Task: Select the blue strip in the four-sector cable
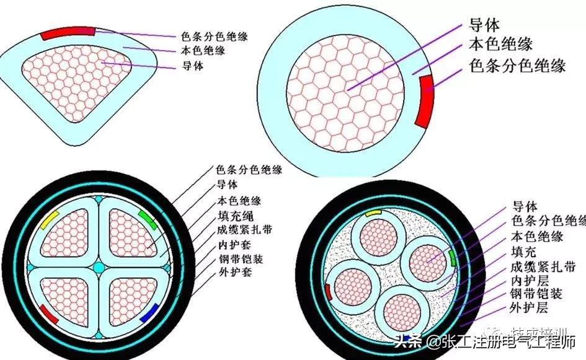coord(148,314)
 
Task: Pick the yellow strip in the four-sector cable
coord(50,220)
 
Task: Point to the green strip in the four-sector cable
coord(147,218)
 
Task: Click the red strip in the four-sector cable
coord(48,314)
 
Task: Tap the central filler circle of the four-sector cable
coord(99,267)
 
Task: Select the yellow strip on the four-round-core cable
coord(374,212)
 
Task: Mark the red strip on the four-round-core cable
coord(327,290)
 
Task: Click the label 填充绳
coord(234,216)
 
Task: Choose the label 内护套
coord(234,245)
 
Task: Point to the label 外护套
coord(234,273)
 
